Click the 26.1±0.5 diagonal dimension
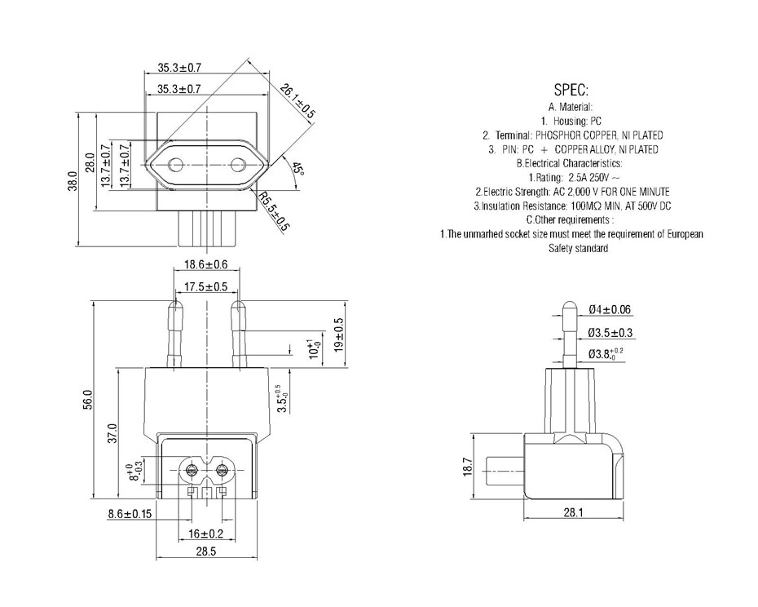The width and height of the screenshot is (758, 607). point(298,100)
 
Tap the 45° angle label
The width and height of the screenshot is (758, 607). point(298,169)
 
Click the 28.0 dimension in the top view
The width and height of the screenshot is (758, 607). point(90,163)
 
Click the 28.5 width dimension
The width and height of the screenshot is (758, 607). point(205,552)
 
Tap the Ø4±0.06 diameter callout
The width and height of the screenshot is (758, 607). point(610,310)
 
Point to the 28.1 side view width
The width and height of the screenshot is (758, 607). point(574,512)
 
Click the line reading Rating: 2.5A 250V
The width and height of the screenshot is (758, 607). point(574,177)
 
